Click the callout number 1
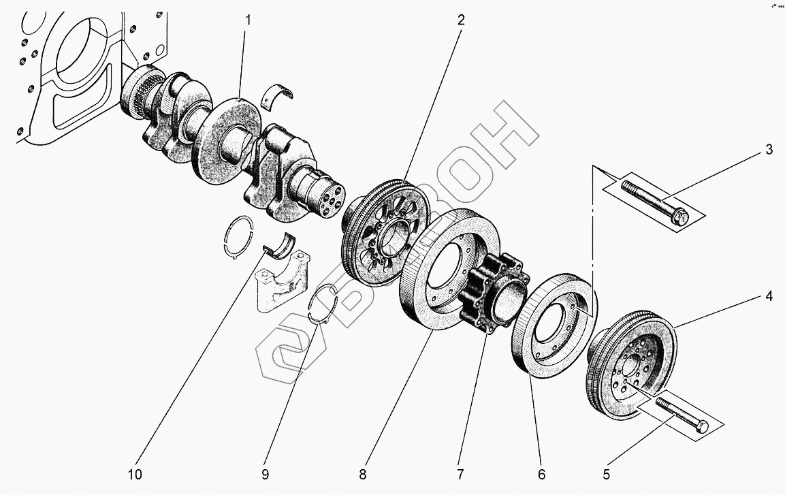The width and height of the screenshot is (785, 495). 248,20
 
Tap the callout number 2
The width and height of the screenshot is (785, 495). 461,20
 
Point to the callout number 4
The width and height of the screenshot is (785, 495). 769,296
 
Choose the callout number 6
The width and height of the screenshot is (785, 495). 541,472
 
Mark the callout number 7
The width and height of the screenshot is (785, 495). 460,472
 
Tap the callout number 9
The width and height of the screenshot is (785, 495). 266,472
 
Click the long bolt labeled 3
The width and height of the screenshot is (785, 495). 654,200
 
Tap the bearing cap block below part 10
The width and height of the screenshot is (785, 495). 281,283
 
